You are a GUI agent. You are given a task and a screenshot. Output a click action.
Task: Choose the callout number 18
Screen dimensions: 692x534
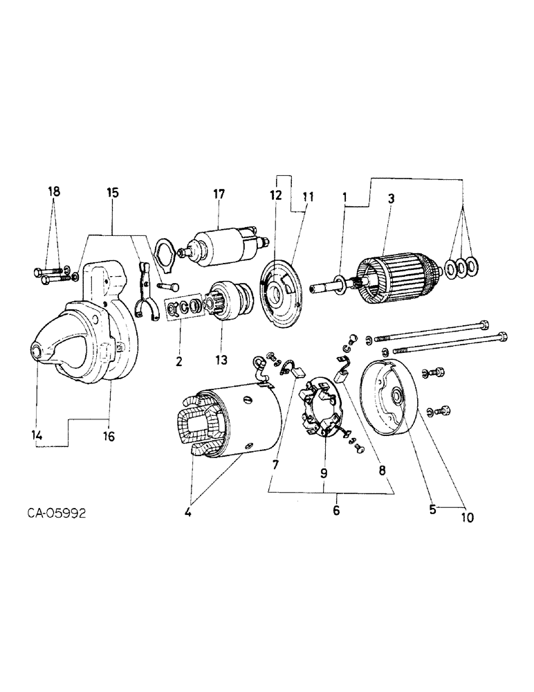[54, 192]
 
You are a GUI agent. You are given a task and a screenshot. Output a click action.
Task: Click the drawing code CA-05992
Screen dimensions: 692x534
[58, 514]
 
